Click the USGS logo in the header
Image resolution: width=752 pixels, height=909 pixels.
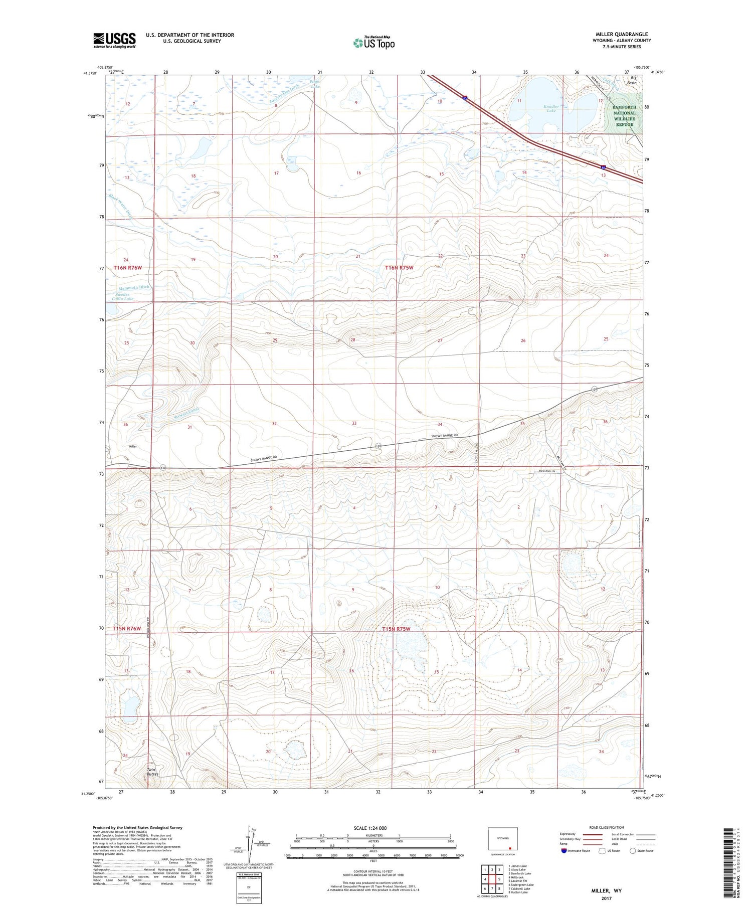click(114, 40)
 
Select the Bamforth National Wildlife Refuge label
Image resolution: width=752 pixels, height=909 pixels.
click(624, 116)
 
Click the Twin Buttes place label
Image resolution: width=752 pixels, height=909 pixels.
click(152, 772)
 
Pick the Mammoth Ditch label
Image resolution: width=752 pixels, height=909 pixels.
click(134, 288)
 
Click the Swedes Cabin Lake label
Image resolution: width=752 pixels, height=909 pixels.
click(123, 296)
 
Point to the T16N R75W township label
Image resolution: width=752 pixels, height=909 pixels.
click(400, 268)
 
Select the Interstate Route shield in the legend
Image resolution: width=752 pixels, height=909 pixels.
click(564, 851)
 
